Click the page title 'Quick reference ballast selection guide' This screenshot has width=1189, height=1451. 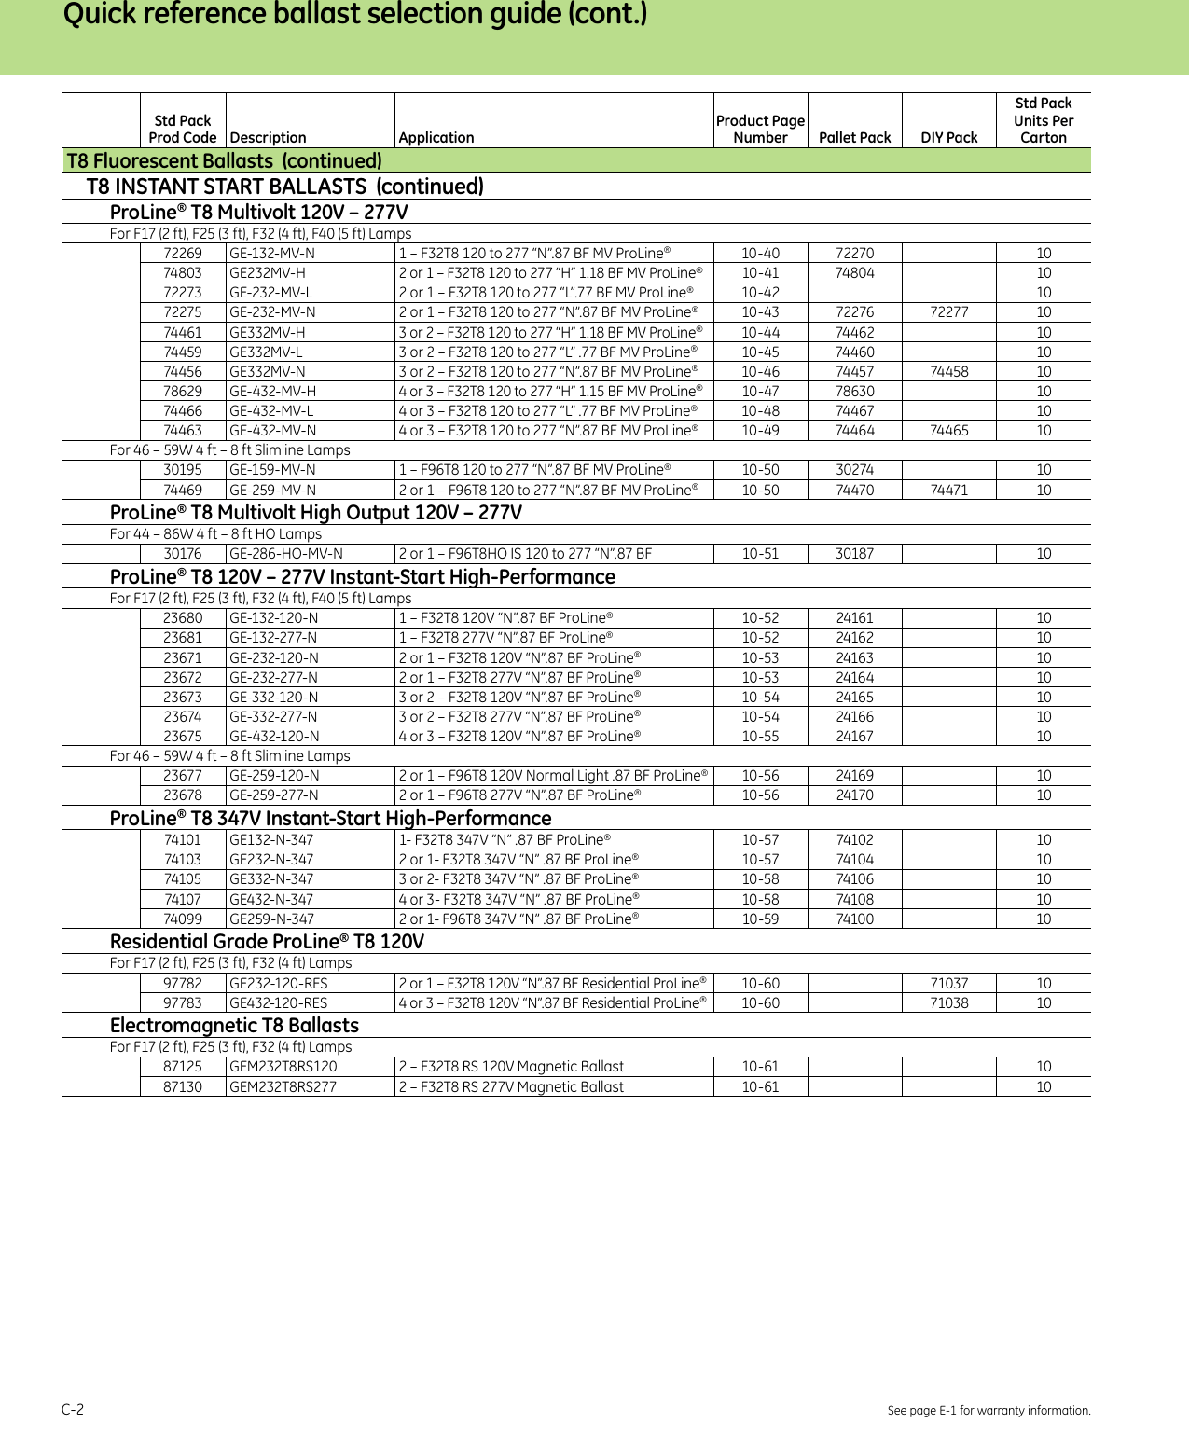click(x=354, y=16)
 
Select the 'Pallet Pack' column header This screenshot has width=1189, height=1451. click(x=854, y=138)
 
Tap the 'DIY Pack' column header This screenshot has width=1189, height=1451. click(x=948, y=138)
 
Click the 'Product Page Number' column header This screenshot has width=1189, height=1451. click(x=760, y=130)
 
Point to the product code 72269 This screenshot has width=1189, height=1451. click(x=183, y=254)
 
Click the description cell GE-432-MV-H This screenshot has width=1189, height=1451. click(x=272, y=392)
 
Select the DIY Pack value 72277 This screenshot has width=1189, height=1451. click(x=948, y=312)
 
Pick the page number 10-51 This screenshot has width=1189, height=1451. click(x=760, y=554)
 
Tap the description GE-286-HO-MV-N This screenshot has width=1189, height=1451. click(x=286, y=554)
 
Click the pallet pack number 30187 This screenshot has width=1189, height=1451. click(x=854, y=554)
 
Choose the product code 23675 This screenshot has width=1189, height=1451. click(x=183, y=737)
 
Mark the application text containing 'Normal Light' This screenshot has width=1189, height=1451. click(x=553, y=776)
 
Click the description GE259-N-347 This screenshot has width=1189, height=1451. click(x=271, y=919)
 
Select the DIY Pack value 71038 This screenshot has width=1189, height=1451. click(x=948, y=1003)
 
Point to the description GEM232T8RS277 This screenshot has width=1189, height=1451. click(x=283, y=1087)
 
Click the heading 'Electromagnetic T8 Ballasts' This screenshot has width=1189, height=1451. click(x=234, y=1026)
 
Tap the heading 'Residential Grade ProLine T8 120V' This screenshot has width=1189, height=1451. click(x=267, y=942)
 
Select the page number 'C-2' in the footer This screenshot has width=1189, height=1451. click(x=73, y=1410)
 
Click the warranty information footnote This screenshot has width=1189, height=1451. click(x=989, y=1411)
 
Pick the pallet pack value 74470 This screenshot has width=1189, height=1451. click(x=854, y=491)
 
